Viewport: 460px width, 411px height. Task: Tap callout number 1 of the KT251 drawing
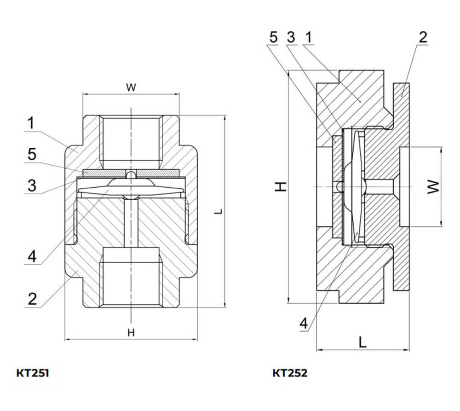point(31,123)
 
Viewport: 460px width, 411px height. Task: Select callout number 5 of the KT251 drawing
point(32,154)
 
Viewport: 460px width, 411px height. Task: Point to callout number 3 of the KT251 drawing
point(32,185)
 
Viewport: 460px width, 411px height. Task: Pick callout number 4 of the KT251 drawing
point(32,256)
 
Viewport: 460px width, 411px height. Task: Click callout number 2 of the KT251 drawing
point(32,299)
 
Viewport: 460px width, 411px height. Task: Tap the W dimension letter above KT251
point(131,87)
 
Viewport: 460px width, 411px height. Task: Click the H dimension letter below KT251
point(131,333)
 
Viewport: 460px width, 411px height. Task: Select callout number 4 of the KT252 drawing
point(304,324)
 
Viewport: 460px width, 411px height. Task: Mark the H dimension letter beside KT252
point(281,186)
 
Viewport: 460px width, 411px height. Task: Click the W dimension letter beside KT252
point(433,186)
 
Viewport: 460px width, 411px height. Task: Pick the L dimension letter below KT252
point(363,342)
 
